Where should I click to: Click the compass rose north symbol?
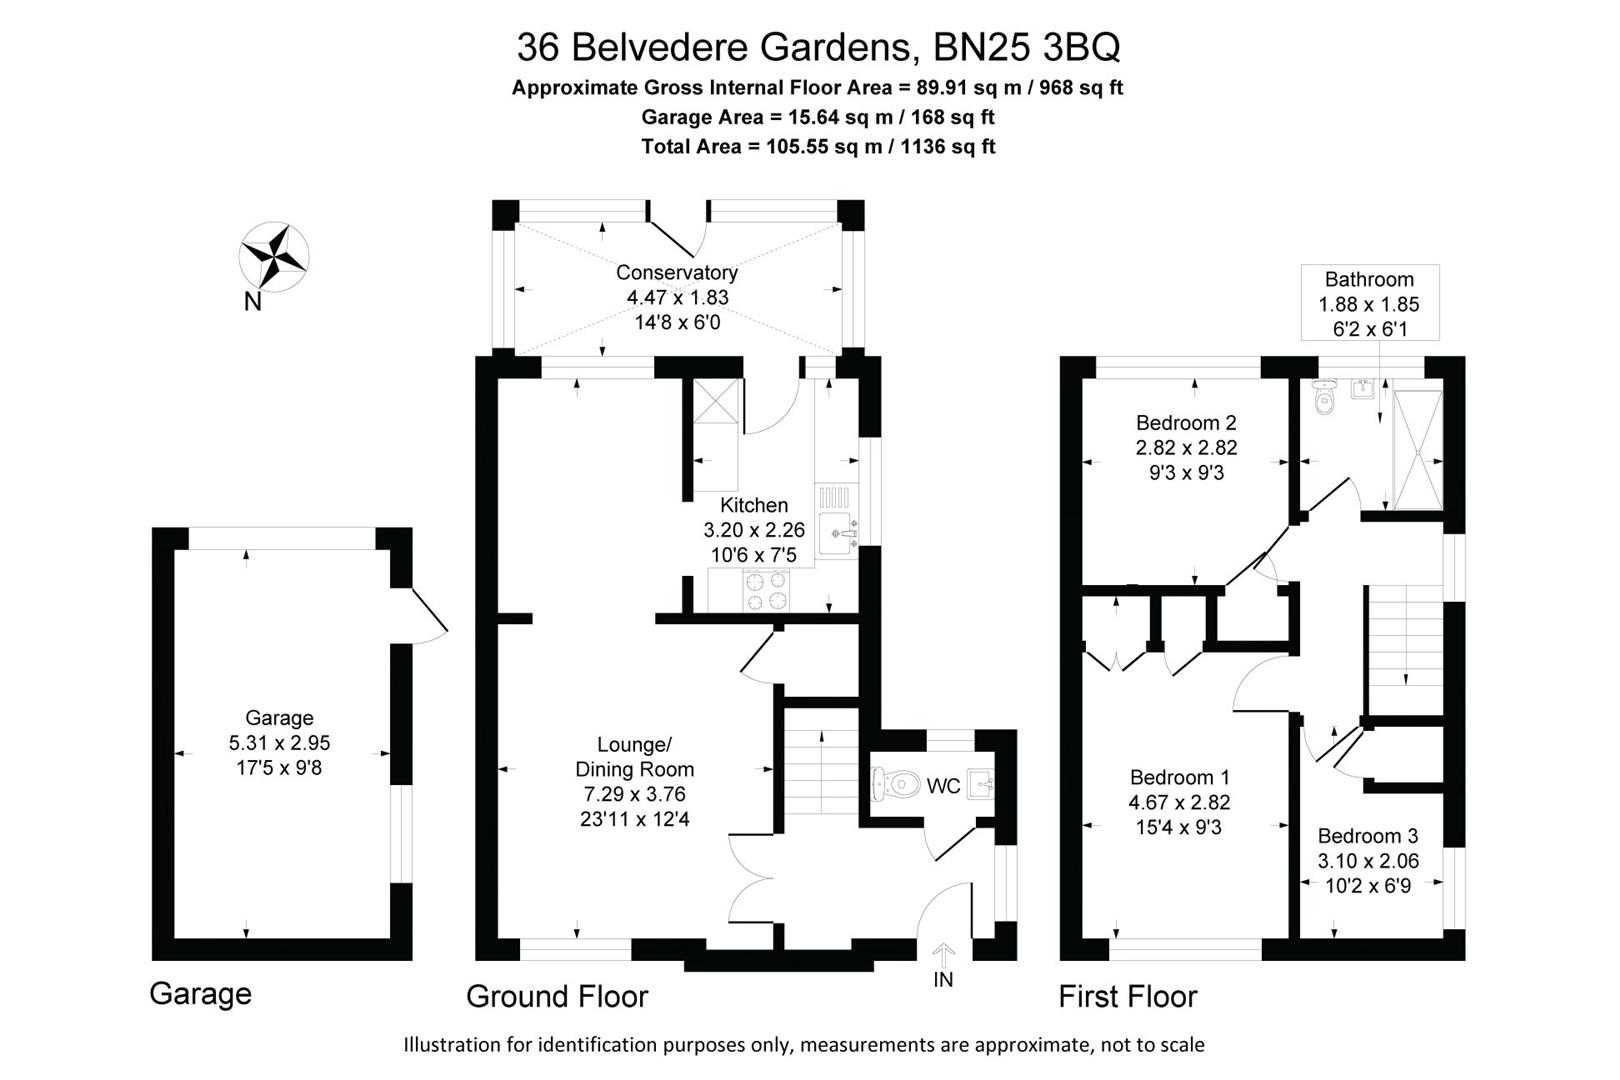273,256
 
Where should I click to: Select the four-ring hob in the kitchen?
765,590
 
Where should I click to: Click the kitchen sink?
837,534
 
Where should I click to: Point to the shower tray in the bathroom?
1417,450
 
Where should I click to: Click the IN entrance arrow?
943,955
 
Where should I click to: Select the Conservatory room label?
677,272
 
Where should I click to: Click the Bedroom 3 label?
1367,836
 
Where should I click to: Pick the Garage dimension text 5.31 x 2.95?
279,743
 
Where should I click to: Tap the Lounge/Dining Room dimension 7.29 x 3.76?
634,795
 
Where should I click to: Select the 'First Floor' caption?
1127,996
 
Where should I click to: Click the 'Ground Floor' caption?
557,996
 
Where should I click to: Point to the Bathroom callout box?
1369,303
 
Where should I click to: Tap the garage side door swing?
428,615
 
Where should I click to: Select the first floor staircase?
1404,636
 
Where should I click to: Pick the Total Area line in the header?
818,147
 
